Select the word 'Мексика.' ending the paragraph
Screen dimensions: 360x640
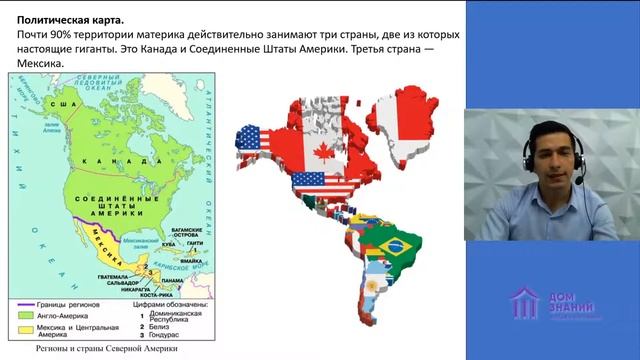click(41, 64)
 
